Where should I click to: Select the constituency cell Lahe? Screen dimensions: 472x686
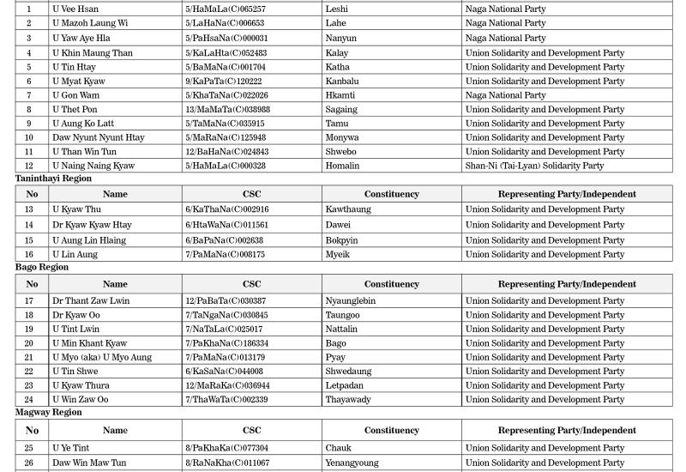[x=335, y=23]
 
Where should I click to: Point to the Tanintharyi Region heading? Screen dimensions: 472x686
[x=53, y=179]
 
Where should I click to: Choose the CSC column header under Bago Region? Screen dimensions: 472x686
[x=251, y=284]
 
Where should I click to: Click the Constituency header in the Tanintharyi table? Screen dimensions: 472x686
[x=391, y=194]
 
